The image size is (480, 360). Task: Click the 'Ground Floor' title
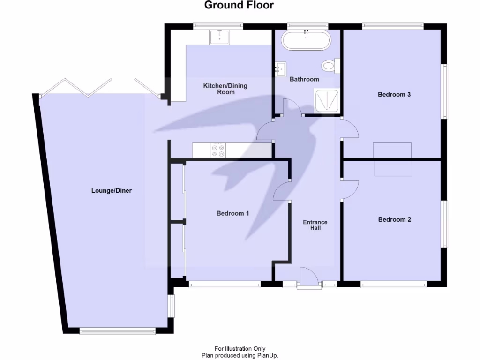tap(239, 6)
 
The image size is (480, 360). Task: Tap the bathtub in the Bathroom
tap(306, 40)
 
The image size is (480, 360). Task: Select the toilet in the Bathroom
tap(331, 66)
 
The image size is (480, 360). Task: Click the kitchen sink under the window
tap(219, 37)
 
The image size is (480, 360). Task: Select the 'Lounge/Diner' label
tap(112, 191)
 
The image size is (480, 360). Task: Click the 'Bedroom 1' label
tap(232, 213)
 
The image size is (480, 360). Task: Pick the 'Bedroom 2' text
tap(394, 219)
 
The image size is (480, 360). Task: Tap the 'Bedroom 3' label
tap(394, 94)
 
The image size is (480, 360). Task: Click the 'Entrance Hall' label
tap(315, 225)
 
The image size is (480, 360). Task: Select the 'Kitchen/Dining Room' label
tap(225, 89)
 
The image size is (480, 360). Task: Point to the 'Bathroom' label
tap(304, 79)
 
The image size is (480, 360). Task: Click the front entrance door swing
tap(308, 276)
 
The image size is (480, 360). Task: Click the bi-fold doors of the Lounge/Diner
tap(98, 88)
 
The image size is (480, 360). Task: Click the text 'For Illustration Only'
tap(240, 348)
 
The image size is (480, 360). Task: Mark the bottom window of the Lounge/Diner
tap(117, 331)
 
